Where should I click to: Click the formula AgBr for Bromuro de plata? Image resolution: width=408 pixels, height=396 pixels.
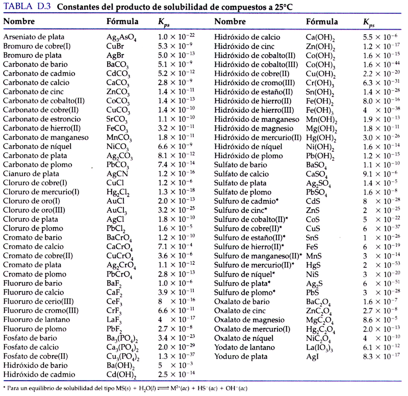[115, 55]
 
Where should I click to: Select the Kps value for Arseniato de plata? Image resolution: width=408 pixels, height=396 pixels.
[177, 37]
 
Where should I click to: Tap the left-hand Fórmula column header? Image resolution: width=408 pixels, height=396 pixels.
[122, 22]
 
